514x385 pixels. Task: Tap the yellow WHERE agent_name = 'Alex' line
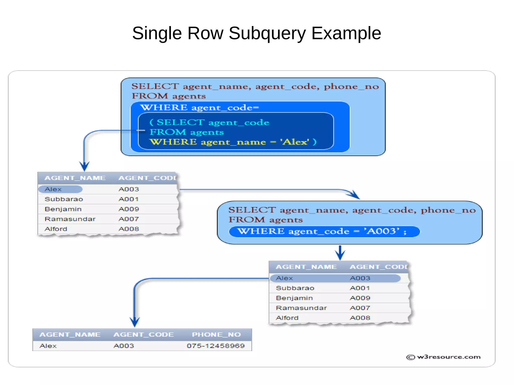pyautogui.click(x=233, y=142)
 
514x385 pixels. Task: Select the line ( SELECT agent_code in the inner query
pyautogui.click(x=209, y=122)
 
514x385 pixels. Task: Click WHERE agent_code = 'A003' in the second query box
pyautogui.click(x=322, y=231)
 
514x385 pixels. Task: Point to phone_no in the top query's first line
pyautogui.click(x=351, y=86)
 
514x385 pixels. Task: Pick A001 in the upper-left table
pyautogui.click(x=128, y=199)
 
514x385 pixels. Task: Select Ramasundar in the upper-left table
pyautogui.click(x=70, y=219)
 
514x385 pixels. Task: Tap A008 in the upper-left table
pyautogui.click(x=128, y=229)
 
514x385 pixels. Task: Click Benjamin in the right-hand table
pyautogui.click(x=294, y=298)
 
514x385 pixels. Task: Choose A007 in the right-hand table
pyautogui.click(x=360, y=308)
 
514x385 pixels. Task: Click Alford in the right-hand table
pyautogui.click(x=287, y=318)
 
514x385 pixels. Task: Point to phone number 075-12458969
pyautogui.click(x=216, y=346)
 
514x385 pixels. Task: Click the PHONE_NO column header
pyautogui.click(x=216, y=335)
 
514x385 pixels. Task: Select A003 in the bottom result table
pyautogui.click(x=124, y=346)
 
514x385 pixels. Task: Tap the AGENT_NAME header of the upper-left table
pyautogui.click(x=75, y=178)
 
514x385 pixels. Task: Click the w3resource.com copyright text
pyautogui.click(x=444, y=357)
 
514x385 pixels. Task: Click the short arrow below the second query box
pyautogui.click(x=340, y=253)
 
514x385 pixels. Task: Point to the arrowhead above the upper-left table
pyautogui.click(x=84, y=166)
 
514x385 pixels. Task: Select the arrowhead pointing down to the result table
pyautogui.click(x=135, y=322)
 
